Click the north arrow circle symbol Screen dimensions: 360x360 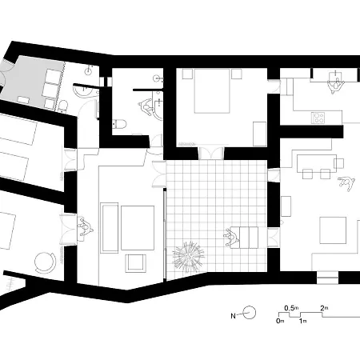point(249,314)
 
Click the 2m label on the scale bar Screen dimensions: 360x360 point(325,307)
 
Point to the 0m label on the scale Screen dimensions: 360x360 point(280,321)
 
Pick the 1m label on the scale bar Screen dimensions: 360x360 point(302,321)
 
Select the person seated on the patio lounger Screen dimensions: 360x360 point(232,235)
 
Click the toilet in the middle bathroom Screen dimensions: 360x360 point(119,122)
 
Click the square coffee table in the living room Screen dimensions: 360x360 point(333,232)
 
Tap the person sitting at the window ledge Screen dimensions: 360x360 point(83,227)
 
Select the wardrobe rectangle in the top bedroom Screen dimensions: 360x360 point(259,133)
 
